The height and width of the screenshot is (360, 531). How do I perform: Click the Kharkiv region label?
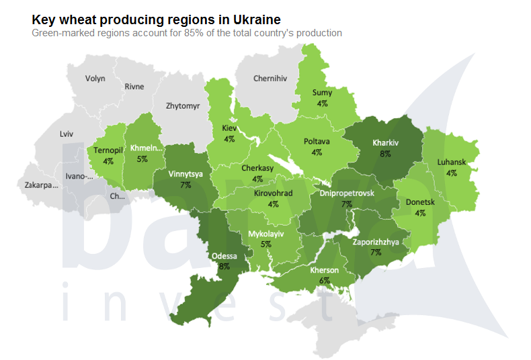[x=386, y=142]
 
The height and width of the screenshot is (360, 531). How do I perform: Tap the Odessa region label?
[x=224, y=256]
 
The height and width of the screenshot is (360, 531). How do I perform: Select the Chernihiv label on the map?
[x=270, y=79]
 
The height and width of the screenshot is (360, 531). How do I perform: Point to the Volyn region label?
[x=95, y=79]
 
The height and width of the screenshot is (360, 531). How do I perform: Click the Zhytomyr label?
[x=183, y=105]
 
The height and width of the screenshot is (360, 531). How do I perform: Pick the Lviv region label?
[x=66, y=134]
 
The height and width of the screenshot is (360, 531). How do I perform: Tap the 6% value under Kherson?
[x=324, y=280]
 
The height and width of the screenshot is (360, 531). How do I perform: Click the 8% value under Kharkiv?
[x=386, y=153]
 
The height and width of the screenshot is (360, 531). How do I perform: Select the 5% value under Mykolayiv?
[x=266, y=244]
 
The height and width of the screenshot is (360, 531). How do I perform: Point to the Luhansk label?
[x=451, y=162]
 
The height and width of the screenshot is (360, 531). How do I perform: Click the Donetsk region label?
[x=420, y=202]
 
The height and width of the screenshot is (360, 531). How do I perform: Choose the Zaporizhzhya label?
[x=375, y=242]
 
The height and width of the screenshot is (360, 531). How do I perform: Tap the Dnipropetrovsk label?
[x=347, y=193]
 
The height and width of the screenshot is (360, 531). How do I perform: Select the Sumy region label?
[x=322, y=93]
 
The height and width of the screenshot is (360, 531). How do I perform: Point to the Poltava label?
[x=317, y=142]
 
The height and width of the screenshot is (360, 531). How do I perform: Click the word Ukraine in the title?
[x=256, y=19]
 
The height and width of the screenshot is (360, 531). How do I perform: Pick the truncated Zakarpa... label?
[x=42, y=185]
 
